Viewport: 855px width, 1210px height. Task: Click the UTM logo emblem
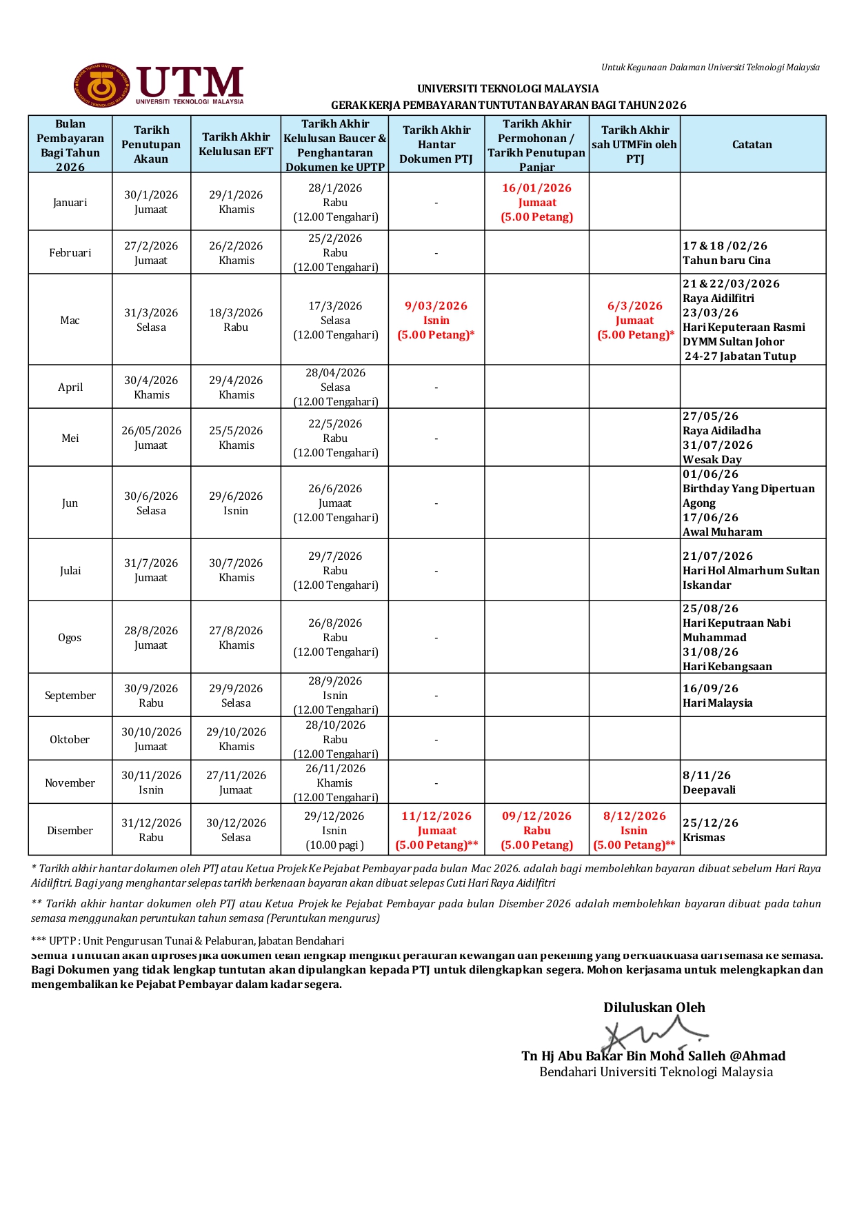click(x=102, y=86)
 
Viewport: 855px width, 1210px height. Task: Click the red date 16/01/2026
click(x=536, y=188)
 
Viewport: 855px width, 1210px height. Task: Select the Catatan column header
click(x=752, y=145)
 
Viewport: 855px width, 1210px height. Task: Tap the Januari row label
click(x=70, y=203)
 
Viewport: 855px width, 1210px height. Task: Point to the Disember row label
click(x=70, y=831)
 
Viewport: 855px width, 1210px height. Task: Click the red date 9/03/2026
click(x=436, y=306)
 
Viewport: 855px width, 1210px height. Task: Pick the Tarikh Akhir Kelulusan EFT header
click(x=236, y=144)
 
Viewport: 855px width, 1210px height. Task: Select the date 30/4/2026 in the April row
click(x=151, y=381)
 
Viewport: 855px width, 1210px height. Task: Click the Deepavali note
click(x=709, y=790)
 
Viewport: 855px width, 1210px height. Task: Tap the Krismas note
click(x=704, y=838)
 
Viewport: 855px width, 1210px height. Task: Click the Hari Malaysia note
click(x=718, y=703)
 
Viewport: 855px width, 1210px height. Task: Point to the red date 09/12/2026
click(x=536, y=816)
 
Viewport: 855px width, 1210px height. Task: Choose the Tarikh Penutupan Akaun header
click(x=151, y=144)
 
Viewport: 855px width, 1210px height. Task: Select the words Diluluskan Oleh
click(x=654, y=1007)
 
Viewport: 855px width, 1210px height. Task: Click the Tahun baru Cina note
click(x=727, y=261)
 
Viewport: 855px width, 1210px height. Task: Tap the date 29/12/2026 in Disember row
click(x=335, y=816)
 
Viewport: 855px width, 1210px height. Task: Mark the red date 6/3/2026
click(x=634, y=306)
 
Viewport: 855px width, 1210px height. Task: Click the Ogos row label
click(x=70, y=638)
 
